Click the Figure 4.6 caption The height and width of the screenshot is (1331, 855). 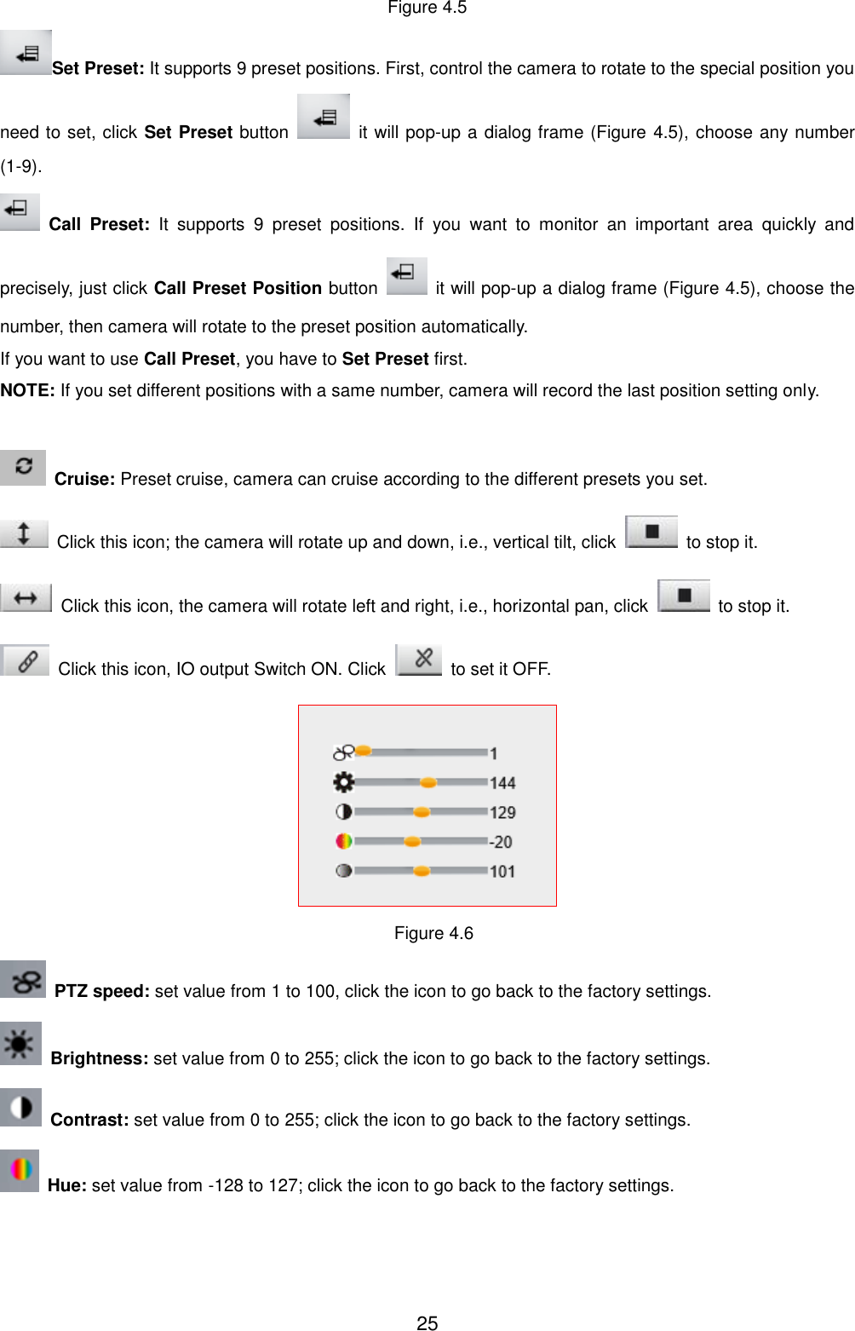click(x=433, y=933)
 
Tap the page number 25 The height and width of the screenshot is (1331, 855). click(x=427, y=1322)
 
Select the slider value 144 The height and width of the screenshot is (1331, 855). click(x=502, y=783)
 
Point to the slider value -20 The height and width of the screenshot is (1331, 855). click(x=501, y=842)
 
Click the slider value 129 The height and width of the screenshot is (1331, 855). click(x=502, y=813)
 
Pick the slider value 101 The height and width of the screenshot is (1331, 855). click(x=502, y=872)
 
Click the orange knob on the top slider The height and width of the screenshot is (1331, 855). click(x=364, y=751)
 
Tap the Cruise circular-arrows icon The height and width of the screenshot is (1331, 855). click(x=23, y=467)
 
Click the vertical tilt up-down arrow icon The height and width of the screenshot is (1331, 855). click(x=24, y=533)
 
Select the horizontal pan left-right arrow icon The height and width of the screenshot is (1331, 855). click(x=26, y=598)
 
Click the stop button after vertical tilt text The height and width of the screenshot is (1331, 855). click(x=651, y=532)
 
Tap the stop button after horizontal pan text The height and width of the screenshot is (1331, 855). click(x=684, y=596)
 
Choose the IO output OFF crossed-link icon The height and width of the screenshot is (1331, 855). click(x=420, y=660)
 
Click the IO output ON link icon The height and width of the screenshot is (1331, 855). click(x=26, y=661)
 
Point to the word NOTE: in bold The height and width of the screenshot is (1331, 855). click(x=27, y=390)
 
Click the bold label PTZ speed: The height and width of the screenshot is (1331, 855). click(x=101, y=991)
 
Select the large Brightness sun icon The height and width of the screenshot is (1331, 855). click(x=20, y=1043)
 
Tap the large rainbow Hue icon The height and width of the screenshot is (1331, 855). click(x=20, y=1170)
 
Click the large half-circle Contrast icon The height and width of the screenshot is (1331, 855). click(x=20, y=1107)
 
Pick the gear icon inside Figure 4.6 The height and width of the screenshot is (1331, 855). click(x=343, y=781)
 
